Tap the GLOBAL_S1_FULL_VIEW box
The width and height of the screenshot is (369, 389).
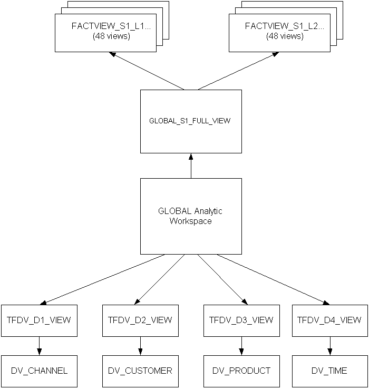tap(191, 121)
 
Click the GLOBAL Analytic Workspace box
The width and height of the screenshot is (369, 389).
tap(191, 216)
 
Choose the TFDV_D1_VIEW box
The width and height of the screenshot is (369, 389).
tap(39, 320)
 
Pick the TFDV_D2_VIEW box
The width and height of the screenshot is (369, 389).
tap(140, 320)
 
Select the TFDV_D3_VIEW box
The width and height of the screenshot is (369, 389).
tap(241, 320)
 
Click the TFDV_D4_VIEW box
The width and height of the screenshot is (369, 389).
tap(330, 320)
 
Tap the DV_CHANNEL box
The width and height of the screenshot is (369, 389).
tap(39, 371)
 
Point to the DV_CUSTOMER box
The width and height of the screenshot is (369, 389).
tap(140, 371)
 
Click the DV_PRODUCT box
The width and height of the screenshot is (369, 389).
tap(241, 371)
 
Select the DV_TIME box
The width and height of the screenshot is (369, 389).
tap(330, 371)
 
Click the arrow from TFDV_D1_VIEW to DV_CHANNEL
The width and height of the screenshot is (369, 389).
tap(39, 346)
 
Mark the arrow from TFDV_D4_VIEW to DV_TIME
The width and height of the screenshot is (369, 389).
tap(330, 346)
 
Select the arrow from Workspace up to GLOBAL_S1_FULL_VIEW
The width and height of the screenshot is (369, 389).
tap(191, 166)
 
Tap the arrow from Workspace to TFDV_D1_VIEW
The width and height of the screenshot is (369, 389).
tap(103, 279)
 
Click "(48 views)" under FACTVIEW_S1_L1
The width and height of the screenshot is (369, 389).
tap(111, 36)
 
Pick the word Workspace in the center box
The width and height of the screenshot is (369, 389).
tap(191, 221)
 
